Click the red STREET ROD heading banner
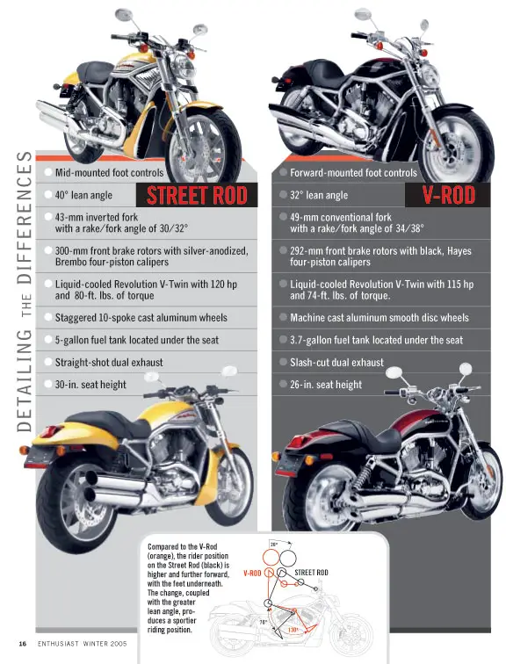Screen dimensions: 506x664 [x=197, y=195]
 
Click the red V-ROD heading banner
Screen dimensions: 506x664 [x=448, y=195]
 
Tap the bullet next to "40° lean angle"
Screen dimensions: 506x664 [x=48, y=195]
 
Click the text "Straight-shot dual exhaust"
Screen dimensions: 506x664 [x=109, y=363]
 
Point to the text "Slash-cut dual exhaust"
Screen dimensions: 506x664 [x=336, y=363]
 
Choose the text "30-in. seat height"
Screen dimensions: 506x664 [x=90, y=385]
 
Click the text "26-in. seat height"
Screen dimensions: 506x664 [x=326, y=385]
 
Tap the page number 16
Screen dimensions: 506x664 [x=23, y=644]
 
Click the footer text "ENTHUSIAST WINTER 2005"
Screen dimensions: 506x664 [x=83, y=644]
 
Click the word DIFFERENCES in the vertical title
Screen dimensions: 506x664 [x=24, y=217]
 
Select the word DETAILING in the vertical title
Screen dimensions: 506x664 [x=24, y=381]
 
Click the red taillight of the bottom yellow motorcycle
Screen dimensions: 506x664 [x=47, y=431]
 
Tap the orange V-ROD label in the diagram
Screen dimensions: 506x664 [x=252, y=574]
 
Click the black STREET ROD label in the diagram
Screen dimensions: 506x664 [x=311, y=573]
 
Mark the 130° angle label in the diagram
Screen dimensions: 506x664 [x=293, y=630]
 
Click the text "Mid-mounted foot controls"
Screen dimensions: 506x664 [x=109, y=173]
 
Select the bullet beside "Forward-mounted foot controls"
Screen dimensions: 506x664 [x=283, y=172]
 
